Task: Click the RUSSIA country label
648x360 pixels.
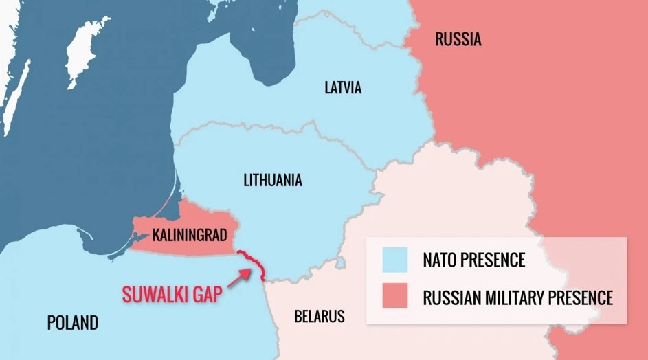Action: click(x=458, y=39)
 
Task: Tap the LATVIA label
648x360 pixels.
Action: click(x=343, y=88)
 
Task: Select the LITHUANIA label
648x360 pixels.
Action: click(x=273, y=181)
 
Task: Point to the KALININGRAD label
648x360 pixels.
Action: click(x=190, y=235)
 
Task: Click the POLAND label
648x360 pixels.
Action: click(x=72, y=322)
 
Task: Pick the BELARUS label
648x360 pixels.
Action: click(x=319, y=317)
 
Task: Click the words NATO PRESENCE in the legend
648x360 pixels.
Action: click(x=474, y=260)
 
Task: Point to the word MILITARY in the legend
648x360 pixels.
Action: click(x=517, y=298)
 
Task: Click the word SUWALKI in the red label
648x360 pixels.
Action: click(x=155, y=295)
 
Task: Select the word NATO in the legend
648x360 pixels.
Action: click(x=438, y=260)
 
